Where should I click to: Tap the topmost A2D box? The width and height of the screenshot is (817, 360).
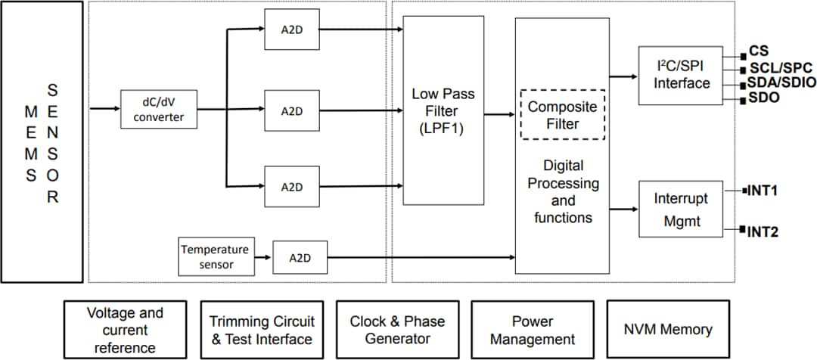pyautogui.click(x=291, y=30)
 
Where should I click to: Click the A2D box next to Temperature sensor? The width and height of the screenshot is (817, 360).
pyautogui.click(x=300, y=258)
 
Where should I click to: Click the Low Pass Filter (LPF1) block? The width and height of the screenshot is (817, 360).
pyautogui.click(x=443, y=110)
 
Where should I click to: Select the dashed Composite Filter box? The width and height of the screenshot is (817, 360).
pyautogui.click(x=562, y=114)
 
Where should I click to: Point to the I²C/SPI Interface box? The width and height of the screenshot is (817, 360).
pyautogui.click(x=680, y=75)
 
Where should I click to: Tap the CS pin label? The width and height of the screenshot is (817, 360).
pyautogui.click(x=759, y=51)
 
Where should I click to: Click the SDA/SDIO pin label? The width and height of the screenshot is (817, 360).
pyautogui.click(x=781, y=82)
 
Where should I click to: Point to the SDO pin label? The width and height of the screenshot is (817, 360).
pyautogui.click(x=764, y=98)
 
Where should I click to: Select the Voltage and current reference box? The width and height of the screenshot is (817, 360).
pyautogui.click(x=125, y=330)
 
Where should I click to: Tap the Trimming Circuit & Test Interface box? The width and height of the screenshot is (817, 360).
pyautogui.click(x=261, y=330)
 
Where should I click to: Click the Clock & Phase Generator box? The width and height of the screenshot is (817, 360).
pyautogui.click(x=396, y=330)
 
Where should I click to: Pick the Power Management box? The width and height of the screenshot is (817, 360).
pyautogui.click(x=532, y=330)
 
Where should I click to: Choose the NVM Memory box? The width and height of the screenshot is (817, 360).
pyautogui.click(x=667, y=330)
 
